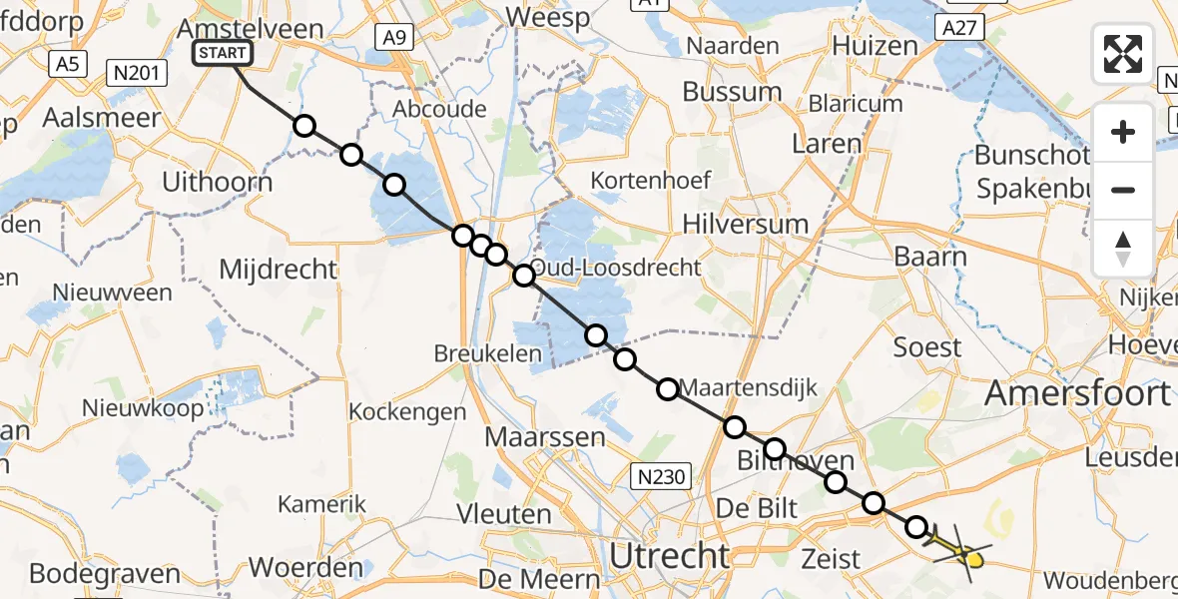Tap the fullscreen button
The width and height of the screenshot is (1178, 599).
click(1123, 54)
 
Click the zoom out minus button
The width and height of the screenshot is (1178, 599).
click(1123, 190)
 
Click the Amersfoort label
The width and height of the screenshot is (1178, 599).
click(1077, 393)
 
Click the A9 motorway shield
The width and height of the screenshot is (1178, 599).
click(394, 38)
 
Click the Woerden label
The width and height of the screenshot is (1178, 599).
click(305, 568)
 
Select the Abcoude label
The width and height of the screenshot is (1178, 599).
click(440, 110)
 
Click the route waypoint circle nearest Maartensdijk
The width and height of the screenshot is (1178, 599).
click(668, 389)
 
